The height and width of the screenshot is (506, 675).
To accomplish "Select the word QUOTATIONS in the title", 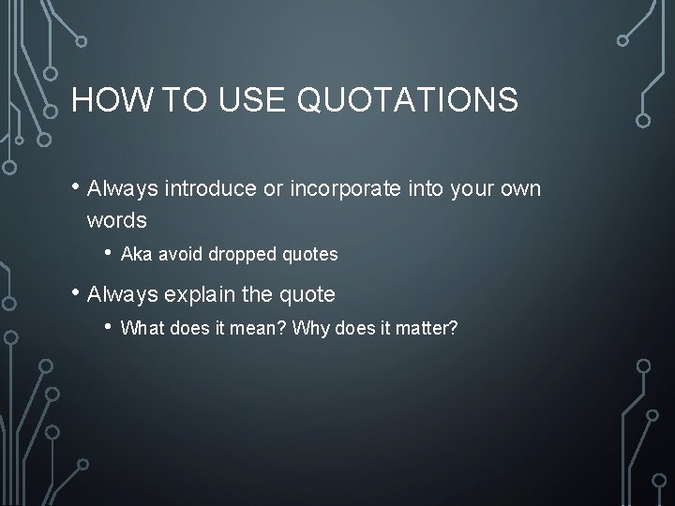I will click(x=410, y=99).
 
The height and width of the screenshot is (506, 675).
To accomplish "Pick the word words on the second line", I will click(x=116, y=221).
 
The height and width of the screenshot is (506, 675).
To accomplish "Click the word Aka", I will click(x=138, y=254).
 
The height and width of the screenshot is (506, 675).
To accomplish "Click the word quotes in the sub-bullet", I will click(x=311, y=254).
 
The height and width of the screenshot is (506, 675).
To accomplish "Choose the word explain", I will click(x=201, y=294).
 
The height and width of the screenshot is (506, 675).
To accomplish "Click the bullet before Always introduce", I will click(x=75, y=188).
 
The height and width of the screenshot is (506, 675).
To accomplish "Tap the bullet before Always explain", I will click(x=75, y=293).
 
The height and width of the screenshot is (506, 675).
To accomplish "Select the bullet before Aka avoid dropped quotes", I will click(x=110, y=253).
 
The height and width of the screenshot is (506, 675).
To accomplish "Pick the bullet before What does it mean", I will click(x=110, y=328).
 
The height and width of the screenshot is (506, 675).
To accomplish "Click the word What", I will click(x=141, y=329).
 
